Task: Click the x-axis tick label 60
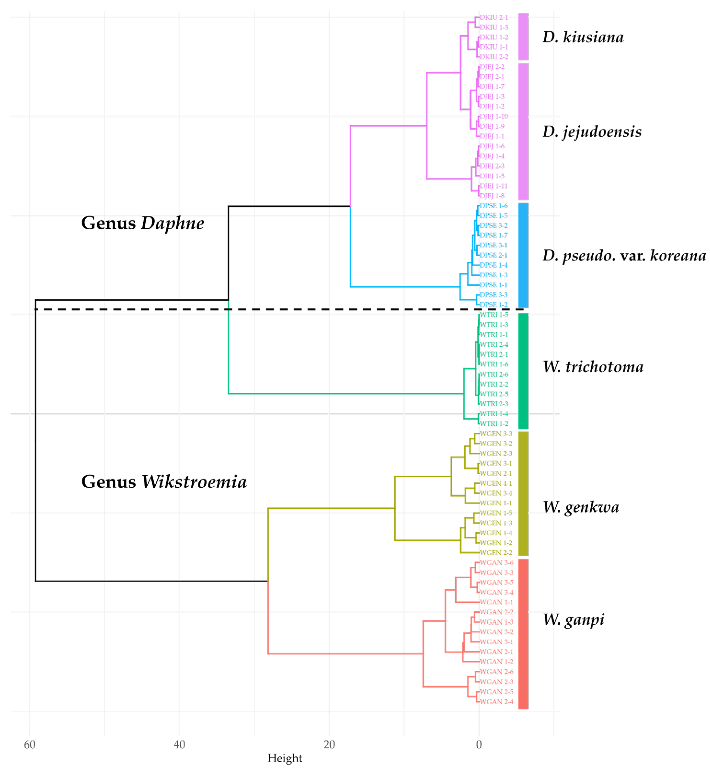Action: [x=29, y=745]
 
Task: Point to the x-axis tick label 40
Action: [x=179, y=745]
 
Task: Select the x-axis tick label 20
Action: [x=329, y=745]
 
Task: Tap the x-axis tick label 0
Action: [x=479, y=745]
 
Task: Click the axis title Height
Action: [x=285, y=758]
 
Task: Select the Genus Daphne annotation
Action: [x=143, y=223]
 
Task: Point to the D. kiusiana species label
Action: [x=583, y=37]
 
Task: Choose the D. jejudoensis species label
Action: [x=592, y=132]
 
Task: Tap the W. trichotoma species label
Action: [x=593, y=367]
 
